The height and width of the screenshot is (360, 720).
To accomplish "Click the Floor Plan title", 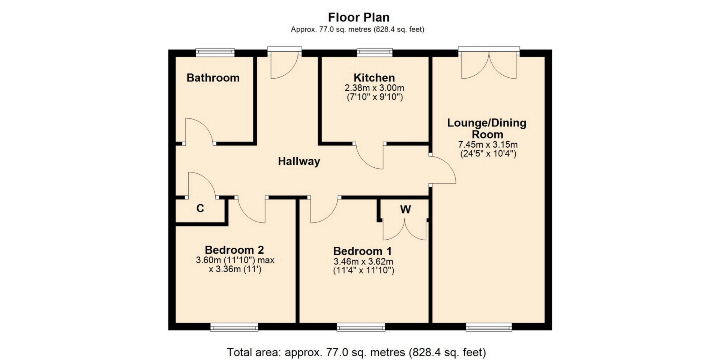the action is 359,17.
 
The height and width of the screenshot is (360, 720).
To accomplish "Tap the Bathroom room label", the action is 213,78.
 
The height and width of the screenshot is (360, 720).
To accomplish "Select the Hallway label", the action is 299,161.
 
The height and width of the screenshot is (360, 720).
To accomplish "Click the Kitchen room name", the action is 374,78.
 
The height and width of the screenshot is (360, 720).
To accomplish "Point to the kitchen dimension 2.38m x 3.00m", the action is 375,88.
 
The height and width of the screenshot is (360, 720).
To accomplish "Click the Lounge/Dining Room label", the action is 487,128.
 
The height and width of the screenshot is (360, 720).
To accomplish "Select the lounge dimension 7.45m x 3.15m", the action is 488,144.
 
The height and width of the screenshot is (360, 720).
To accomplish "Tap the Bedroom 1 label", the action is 363,251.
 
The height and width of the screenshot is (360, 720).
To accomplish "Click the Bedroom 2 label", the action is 234,250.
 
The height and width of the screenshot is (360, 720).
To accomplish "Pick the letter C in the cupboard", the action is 200,208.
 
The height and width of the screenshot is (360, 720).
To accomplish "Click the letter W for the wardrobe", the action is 405,210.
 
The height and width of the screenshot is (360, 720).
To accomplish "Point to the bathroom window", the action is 215,52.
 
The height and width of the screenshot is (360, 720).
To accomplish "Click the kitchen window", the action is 375,52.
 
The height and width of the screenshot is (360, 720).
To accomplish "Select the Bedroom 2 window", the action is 234,327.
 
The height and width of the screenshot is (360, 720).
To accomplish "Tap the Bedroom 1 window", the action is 361,327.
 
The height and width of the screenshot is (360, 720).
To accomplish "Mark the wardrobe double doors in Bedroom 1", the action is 405,229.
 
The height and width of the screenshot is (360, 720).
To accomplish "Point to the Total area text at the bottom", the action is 356,352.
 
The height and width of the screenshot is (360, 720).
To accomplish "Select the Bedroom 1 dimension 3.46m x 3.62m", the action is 363,262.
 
